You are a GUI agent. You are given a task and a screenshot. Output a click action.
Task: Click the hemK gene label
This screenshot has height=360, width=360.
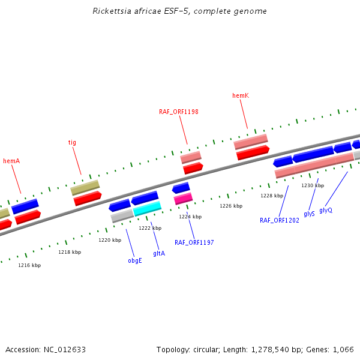241,95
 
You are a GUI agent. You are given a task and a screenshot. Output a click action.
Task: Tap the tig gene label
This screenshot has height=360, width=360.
72,143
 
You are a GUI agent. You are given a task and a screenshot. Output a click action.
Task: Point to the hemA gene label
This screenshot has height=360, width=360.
11,161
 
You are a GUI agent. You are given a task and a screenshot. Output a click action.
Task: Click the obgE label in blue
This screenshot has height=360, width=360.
135,261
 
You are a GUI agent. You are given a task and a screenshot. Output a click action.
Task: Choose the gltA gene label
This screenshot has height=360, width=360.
159,254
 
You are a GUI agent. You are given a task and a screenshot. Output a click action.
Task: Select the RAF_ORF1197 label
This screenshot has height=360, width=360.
194,242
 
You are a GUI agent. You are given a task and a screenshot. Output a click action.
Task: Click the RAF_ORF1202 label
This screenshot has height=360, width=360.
280,221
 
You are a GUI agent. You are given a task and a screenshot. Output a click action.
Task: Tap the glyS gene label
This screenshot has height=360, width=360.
309,214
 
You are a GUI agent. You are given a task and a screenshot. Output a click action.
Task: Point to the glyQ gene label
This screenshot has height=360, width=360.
326,210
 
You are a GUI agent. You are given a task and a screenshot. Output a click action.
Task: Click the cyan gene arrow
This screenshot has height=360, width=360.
147,208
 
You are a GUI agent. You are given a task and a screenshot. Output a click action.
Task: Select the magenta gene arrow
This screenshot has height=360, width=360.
183,198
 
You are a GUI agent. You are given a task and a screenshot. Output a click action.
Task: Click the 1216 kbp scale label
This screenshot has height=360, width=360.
29,265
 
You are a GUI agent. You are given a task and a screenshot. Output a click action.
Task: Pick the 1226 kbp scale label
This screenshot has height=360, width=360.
231,206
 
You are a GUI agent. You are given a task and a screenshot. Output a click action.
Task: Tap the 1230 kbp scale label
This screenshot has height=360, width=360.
313,185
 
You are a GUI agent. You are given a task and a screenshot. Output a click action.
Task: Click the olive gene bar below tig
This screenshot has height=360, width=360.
85,187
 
